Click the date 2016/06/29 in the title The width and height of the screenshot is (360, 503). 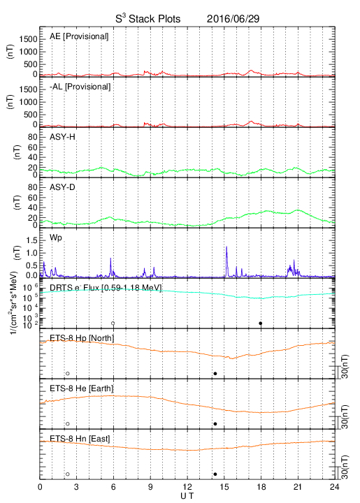233,19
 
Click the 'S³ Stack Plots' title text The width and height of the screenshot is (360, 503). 148,18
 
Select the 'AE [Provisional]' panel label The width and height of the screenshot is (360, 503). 79,36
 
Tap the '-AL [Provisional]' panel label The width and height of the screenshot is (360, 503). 80,87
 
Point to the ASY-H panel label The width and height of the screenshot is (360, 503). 62,137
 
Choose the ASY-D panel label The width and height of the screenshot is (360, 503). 62,187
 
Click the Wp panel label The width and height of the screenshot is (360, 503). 55,238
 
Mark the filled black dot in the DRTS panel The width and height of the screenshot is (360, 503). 261,323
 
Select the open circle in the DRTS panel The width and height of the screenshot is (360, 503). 113,323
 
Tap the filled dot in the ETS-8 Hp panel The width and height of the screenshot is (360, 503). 215,373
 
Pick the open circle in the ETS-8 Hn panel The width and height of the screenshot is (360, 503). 67,474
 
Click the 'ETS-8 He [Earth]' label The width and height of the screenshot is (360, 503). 82,388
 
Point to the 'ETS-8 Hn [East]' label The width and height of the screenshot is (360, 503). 80,439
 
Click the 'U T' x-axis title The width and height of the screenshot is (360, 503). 187,496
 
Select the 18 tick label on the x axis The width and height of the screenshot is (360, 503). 261,487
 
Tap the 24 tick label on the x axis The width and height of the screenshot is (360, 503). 335,487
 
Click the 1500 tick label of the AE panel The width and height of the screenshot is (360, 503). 28,39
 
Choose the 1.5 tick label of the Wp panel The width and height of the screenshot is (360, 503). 31,240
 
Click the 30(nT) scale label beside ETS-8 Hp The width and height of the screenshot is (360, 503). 345,366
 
